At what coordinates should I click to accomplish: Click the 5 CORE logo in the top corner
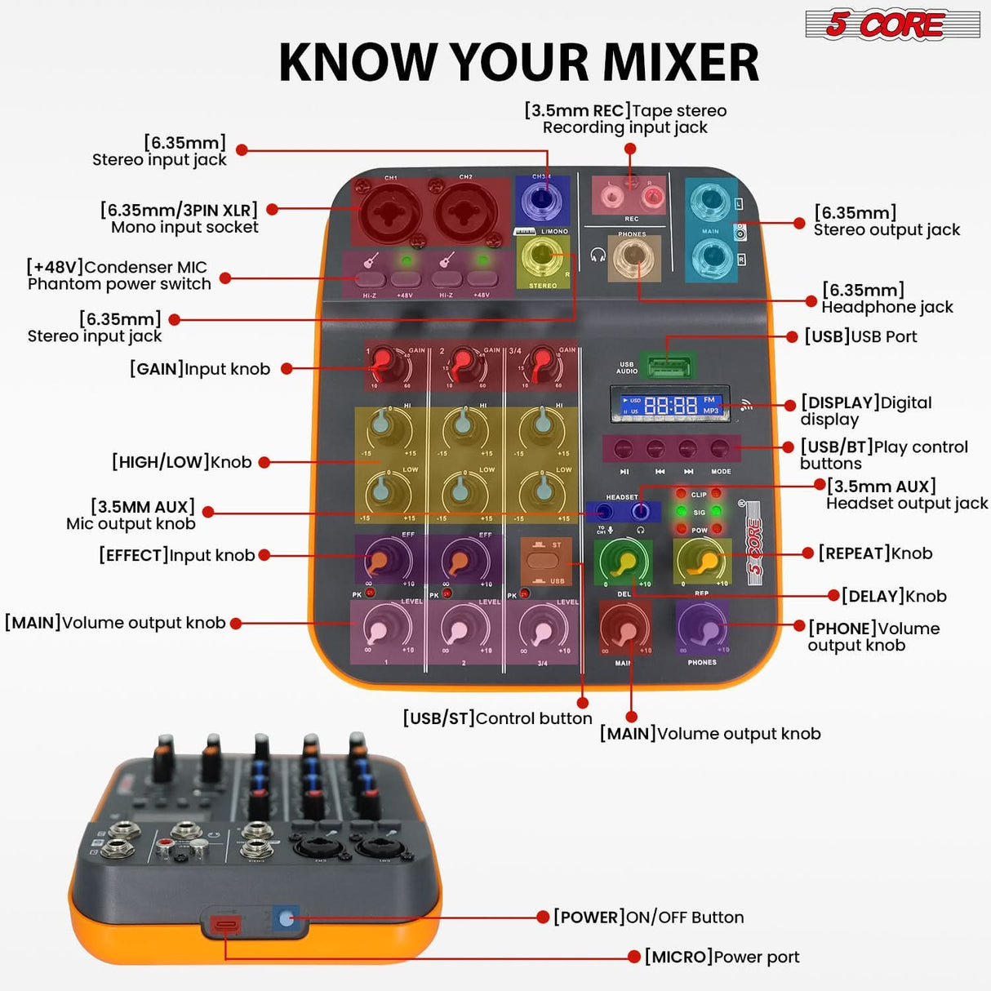click(x=891, y=24)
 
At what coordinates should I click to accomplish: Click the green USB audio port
click(x=668, y=364)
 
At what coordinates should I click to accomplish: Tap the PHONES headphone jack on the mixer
click(x=633, y=259)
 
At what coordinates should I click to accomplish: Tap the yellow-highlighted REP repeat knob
click(x=702, y=561)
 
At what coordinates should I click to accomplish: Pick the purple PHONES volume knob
click(x=703, y=629)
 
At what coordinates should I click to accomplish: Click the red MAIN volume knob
click(x=625, y=631)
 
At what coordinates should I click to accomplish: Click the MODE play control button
click(x=720, y=448)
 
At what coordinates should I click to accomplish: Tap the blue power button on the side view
click(x=285, y=918)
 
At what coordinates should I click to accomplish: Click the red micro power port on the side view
click(x=225, y=925)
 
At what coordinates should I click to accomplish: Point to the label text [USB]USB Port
click(x=860, y=336)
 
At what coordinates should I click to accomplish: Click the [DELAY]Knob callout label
click(x=894, y=596)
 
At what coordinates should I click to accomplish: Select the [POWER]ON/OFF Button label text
click(x=648, y=918)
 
